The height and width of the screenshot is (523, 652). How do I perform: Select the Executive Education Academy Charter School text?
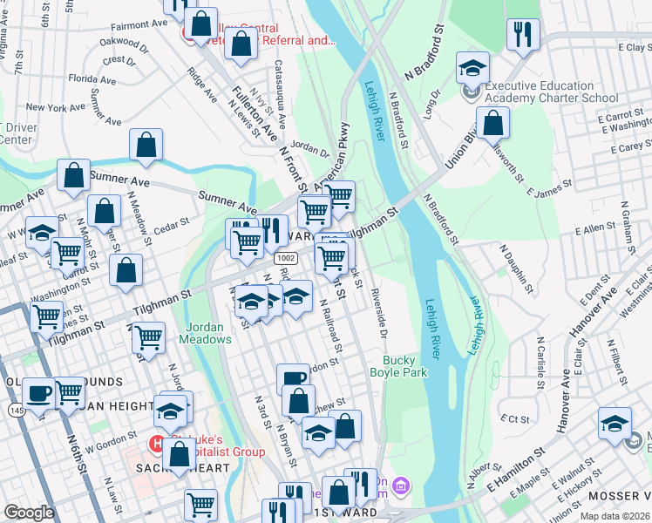[x=551, y=92]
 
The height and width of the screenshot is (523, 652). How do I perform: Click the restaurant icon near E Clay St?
[x=522, y=35]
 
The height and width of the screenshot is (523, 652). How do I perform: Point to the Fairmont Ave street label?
[x=132, y=26]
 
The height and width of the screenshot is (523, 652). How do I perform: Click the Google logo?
[x=29, y=513]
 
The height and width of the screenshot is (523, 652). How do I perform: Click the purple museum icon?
[x=400, y=484]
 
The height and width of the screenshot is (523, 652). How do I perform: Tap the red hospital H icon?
[x=158, y=444]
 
